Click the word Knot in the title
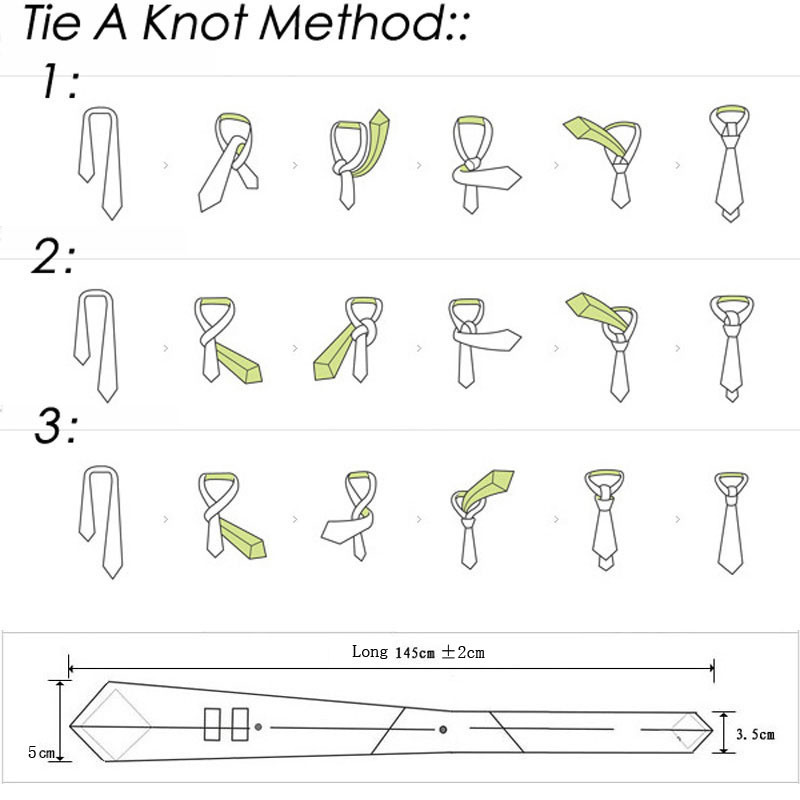[x=194, y=22]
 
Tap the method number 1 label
[x=60, y=82]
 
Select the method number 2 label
[x=53, y=257]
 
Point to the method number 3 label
[x=56, y=427]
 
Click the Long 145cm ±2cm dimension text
[x=418, y=652]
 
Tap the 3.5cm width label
[x=755, y=734]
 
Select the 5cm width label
[x=41, y=752]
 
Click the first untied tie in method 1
[x=101, y=163]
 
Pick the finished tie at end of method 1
[x=730, y=163]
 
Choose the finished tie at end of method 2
[x=732, y=348]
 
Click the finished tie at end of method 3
[x=731, y=523]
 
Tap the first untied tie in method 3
[x=101, y=521]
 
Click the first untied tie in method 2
[x=96, y=345]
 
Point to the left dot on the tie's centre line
[x=258, y=727]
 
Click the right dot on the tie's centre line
[x=443, y=730]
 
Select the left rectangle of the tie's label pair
[x=212, y=724]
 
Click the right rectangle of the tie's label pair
[x=240, y=724]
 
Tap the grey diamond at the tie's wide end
[x=116, y=726]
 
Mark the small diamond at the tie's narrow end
[x=688, y=732]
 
